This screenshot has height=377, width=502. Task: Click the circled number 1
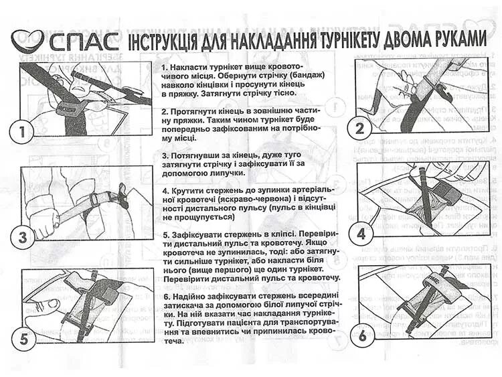(25, 132)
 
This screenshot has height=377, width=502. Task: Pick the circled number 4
(362, 233)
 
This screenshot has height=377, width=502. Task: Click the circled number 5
(24, 340)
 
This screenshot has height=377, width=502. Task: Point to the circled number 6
(362, 335)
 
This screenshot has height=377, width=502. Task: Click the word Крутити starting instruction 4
(190, 190)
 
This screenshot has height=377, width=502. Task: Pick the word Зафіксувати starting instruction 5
(202, 235)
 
